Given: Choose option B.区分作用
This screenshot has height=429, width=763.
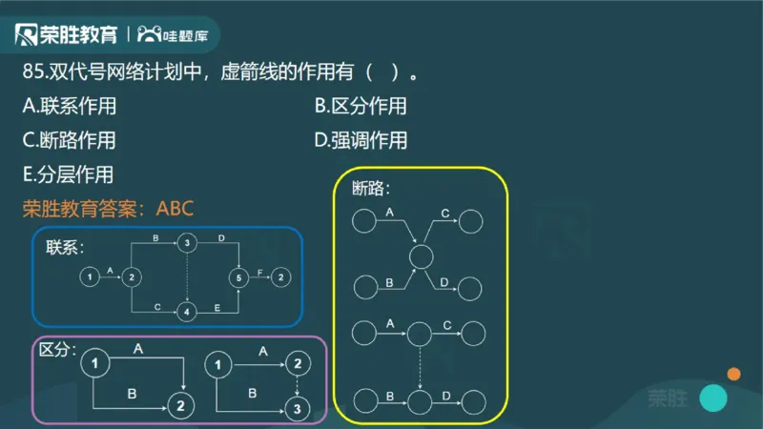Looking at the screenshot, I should point(361,106).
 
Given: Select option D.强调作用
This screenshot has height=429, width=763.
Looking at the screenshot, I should point(361,140).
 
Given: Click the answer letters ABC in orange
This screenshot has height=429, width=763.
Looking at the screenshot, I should point(175,208).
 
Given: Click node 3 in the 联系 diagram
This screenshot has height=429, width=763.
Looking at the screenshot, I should point(188,243).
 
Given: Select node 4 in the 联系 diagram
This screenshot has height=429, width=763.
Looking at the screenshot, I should point(188,311).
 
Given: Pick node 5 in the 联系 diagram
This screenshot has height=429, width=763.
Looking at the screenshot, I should point(238,277).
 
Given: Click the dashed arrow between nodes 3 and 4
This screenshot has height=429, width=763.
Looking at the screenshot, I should point(188,277).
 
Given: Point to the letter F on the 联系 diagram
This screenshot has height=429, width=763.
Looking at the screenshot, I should point(260,272).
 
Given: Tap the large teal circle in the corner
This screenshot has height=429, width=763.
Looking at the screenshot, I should point(712,398).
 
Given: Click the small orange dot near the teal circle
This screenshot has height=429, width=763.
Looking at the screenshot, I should point(733,374).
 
